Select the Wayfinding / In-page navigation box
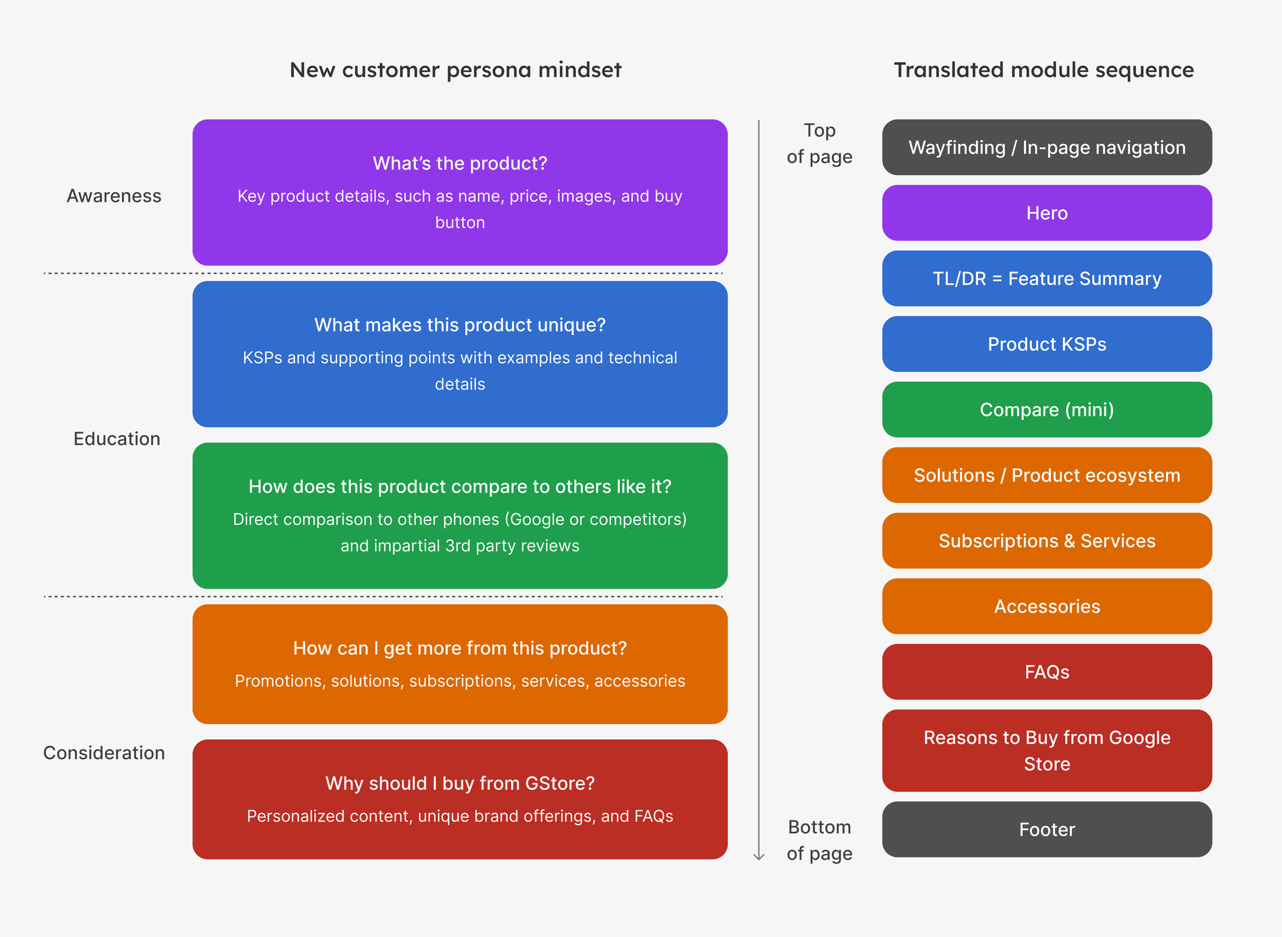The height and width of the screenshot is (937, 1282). click(x=1046, y=147)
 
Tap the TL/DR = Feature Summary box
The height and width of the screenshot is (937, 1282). click(x=1046, y=279)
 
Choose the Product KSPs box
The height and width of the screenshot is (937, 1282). click(x=1046, y=344)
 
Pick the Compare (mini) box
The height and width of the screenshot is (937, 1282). click(x=1046, y=409)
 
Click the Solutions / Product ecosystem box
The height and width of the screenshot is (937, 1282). click(x=1046, y=475)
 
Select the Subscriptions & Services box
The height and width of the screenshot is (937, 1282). click(x=1046, y=540)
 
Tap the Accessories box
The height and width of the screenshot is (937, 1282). click(x=1046, y=607)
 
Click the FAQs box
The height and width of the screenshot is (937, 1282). click(x=1046, y=672)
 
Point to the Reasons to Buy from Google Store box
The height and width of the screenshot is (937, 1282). click(x=1046, y=750)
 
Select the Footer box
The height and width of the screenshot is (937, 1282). click(x=1046, y=829)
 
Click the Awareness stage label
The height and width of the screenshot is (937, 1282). click(x=114, y=196)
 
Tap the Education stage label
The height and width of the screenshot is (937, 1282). click(x=117, y=439)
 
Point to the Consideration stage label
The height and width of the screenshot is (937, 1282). click(x=104, y=753)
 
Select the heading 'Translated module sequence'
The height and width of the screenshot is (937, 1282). click(x=1044, y=70)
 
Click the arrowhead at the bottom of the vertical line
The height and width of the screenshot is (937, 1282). click(x=758, y=856)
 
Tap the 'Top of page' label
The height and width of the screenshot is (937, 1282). click(x=819, y=144)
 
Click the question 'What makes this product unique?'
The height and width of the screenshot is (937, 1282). click(x=459, y=325)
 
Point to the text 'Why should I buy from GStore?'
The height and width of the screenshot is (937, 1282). click(x=459, y=783)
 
